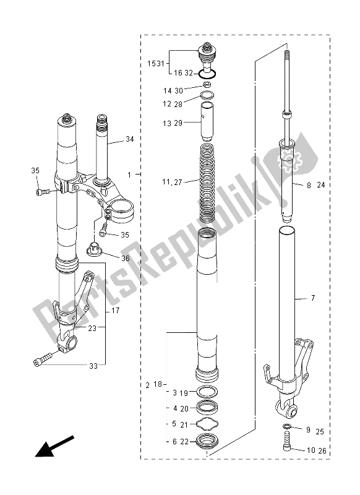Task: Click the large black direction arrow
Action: [x=53, y=447]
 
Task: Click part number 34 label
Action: [x=129, y=139]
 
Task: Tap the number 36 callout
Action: [x=126, y=259]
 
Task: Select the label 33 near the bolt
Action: [x=93, y=366]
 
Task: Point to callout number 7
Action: [x=313, y=299]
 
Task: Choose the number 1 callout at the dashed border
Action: [x=129, y=175]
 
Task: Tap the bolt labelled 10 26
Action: [x=286, y=447]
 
